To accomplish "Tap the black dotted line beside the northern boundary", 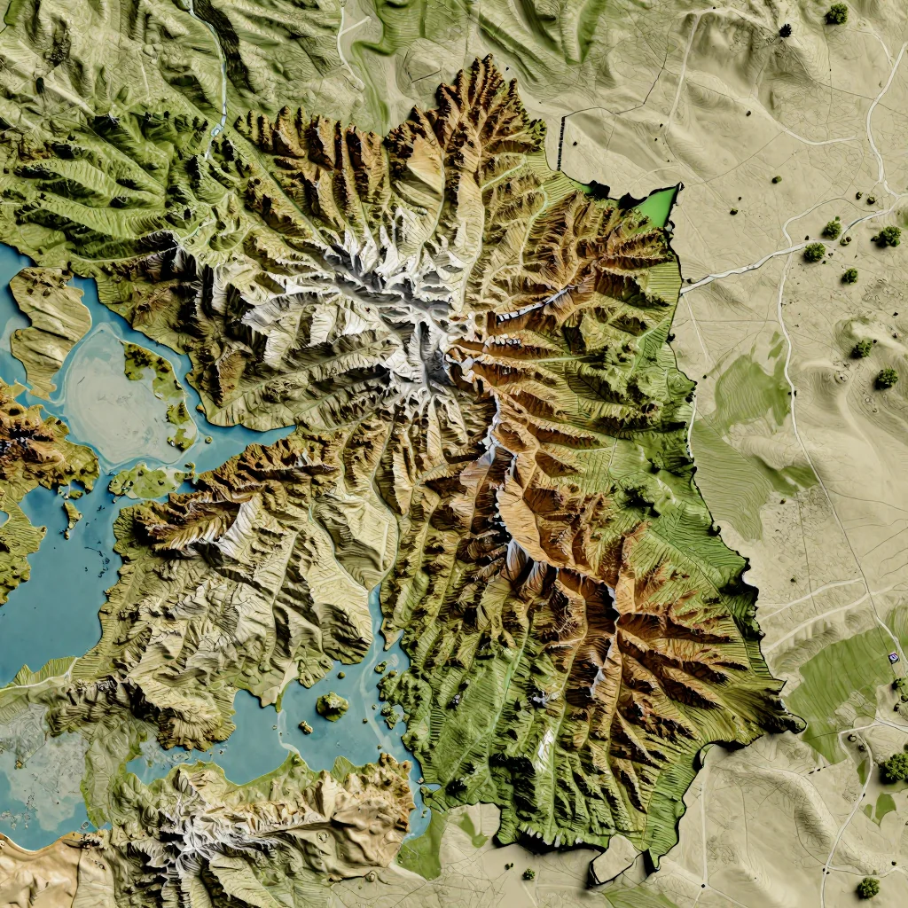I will (x=561, y=142).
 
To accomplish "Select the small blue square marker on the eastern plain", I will (x=892, y=656).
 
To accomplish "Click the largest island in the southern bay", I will (x=333, y=705).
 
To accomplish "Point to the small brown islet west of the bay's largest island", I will (x=305, y=727).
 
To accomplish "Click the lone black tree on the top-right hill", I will (x=785, y=30).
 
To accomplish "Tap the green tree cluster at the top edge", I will (x=836, y=13).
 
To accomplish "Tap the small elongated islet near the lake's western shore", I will (x=70, y=515).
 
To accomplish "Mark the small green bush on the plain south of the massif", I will (x=528, y=873).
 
